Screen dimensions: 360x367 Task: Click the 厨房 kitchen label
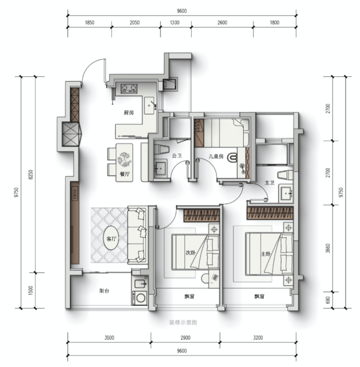pyautogui.click(x=128, y=113)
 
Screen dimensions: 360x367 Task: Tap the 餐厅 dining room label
pyautogui.click(x=125, y=174)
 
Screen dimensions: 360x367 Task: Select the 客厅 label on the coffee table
pyautogui.click(x=111, y=239)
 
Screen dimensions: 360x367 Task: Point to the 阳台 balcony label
pyautogui.click(x=104, y=291)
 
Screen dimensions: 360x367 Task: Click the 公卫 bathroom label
pyautogui.click(x=177, y=156)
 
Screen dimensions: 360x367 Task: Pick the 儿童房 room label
pyautogui.click(x=216, y=156)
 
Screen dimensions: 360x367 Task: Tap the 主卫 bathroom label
pyautogui.click(x=270, y=183)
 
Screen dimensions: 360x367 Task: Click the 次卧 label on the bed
pyautogui.click(x=191, y=253)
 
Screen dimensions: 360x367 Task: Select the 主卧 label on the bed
pyautogui.click(x=266, y=254)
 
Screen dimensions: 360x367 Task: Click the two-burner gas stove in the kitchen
pyautogui.click(x=129, y=88)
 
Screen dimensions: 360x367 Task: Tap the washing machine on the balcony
pyautogui.click(x=140, y=297)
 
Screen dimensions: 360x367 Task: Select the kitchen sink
pyautogui.click(x=149, y=105)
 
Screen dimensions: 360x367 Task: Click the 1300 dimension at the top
pyautogui.click(x=175, y=22)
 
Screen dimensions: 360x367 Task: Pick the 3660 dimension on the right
pyautogui.click(x=328, y=248)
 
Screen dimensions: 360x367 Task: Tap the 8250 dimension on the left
pyautogui.click(x=31, y=175)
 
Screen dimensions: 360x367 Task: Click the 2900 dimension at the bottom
pyautogui.click(x=185, y=338)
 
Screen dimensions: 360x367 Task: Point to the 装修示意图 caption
pyautogui.click(x=183, y=323)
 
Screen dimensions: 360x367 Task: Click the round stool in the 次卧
pyautogui.click(x=206, y=279)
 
